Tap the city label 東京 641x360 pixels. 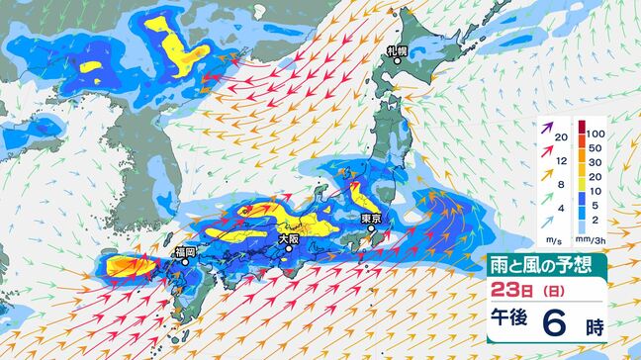click(x=372, y=217)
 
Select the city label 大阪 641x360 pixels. click(x=288, y=237)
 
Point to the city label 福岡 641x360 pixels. click(x=184, y=253)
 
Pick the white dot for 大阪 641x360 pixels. click(x=288, y=249)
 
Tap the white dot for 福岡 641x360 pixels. click(x=184, y=264)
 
